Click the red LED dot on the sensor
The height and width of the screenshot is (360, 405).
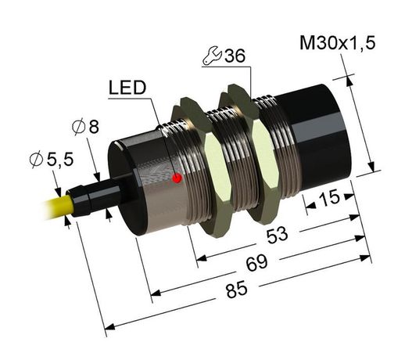177,179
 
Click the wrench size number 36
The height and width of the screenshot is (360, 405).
234,56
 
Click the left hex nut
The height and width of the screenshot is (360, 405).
205,168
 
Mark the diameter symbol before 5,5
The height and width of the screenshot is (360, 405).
35,160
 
